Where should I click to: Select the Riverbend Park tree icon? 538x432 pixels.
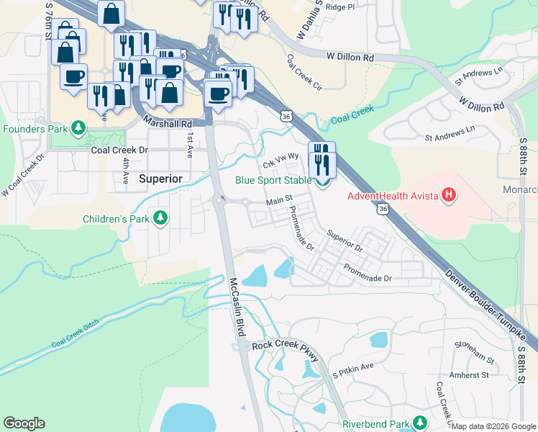pos(424,422)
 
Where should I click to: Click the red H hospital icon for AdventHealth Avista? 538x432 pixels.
pos(449,195)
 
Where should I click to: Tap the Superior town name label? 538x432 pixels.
pos(161,178)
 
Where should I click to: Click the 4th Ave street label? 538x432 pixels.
pos(125,173)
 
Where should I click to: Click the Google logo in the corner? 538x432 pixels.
pos(24,423)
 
